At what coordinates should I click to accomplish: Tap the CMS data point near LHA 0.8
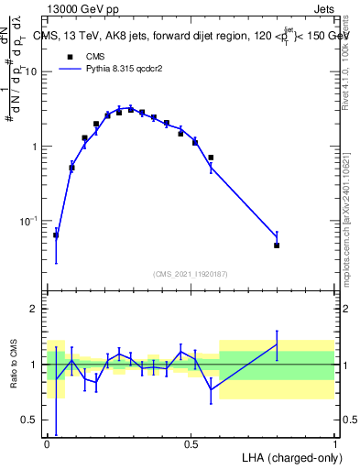tap(277, 245)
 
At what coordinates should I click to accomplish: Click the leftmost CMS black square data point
tap(56, 235)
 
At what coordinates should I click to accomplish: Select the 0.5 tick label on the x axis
tap(191, 443)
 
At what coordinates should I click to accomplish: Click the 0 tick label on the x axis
tap(47, 443)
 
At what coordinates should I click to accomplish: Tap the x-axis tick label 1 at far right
tap(334, 443)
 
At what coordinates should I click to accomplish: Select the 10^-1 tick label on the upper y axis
tap(27, 221)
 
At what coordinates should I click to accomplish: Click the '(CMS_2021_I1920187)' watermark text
tap(191, 273)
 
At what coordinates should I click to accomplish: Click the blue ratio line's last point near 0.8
tap(277, 344)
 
